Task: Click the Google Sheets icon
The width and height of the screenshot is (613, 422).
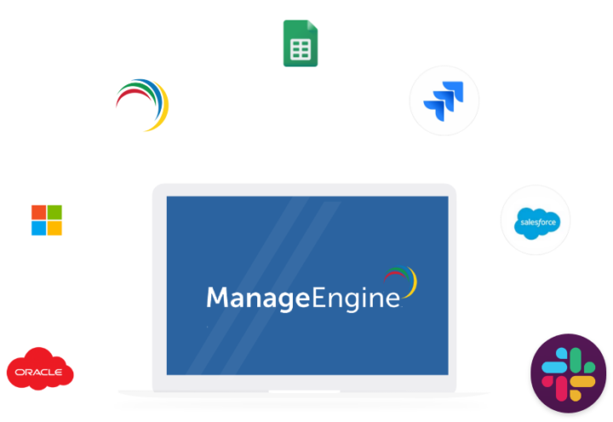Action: tap(301, 43)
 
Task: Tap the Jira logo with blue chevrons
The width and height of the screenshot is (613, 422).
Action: tap(444, 101)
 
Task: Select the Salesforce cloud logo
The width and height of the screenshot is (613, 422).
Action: tap(536, 223)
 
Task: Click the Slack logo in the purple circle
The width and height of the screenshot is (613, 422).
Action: tap(568, 374)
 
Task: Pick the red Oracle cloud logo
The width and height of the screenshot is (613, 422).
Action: tap(40, 369)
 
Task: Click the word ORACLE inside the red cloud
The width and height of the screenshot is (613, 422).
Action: tap(38, 372)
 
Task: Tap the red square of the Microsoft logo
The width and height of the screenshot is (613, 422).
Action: tap(38, 212)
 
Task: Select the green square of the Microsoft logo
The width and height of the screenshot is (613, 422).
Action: tap(54, 212)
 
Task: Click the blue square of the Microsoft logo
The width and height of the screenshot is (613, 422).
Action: tap(38, 228)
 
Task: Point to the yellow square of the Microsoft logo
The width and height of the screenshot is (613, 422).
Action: tap(54, 228)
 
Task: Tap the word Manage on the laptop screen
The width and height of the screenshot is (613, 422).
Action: tap(258, 298)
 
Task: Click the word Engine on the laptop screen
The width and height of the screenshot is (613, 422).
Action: tap(356, 298)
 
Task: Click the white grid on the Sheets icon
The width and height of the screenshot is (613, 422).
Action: tap(301, 49)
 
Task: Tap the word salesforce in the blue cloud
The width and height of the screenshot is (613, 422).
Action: tap(538, 223)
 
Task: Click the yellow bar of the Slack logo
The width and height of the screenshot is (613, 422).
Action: tap(582, 381)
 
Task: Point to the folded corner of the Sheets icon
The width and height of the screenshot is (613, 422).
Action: tap(312, 25)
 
